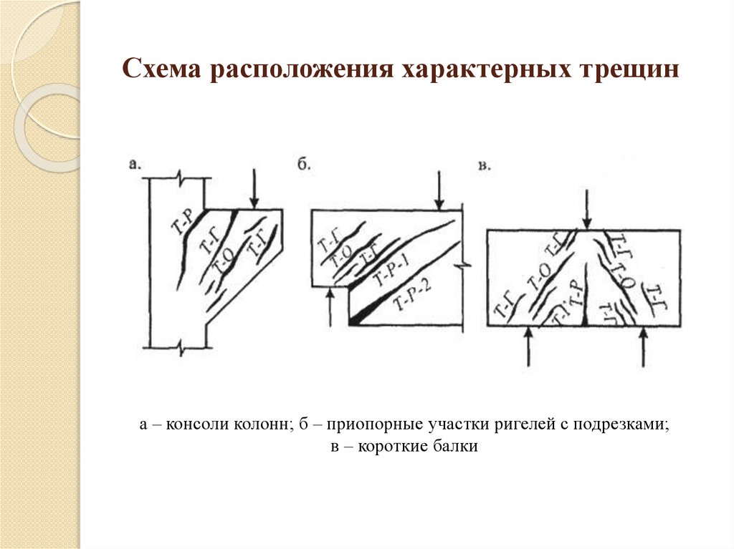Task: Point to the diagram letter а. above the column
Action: click(x=135, y=164)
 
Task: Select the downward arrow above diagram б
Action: click(x=439, y=189)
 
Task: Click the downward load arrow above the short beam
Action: click(x=587, y=208)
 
